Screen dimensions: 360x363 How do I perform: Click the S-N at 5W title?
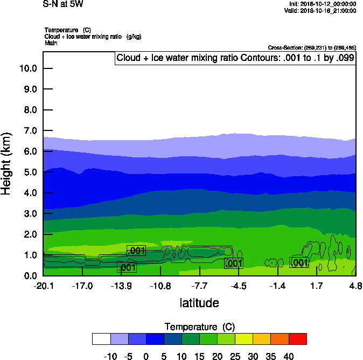pyautogui.click(x=63, y=4)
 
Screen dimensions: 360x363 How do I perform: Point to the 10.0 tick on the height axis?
pyautogui.click(x=27, y=68)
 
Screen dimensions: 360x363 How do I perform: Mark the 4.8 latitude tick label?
pyautogui.click(x=355, y=285)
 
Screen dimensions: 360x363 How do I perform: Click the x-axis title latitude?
pyautogui.click(x=199, y=303)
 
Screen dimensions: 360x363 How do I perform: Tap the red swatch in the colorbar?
pyautogui.click(x=298, y=339)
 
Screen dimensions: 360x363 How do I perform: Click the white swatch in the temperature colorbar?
pyautogui.click(x=101, y=339)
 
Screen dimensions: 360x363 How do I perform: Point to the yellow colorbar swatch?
pyautogui.click(x=245, y=339)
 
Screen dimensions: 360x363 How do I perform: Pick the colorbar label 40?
pyautogui.click(x=289, y=356)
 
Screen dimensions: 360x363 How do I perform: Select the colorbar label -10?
pyautogui.click(x=110, y=356)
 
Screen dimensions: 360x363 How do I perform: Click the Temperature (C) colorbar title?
pyautogui.click(x=199, y=327)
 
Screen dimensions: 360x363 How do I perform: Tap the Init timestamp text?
pyautogui.click(x=322, y=4)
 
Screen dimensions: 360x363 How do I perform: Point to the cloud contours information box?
pyautogui.click(x=235, y=58)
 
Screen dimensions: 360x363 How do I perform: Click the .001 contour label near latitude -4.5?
pyautogui.click(x=234, y=263)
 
